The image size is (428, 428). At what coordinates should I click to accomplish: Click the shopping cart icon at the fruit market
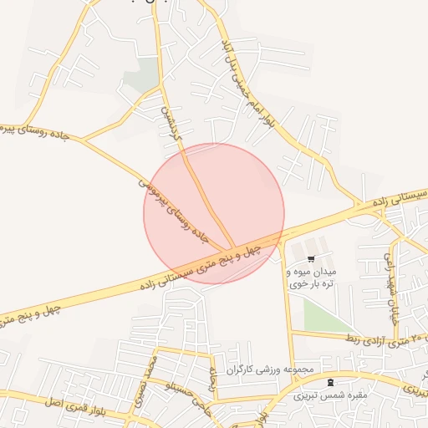[x=311, y=259]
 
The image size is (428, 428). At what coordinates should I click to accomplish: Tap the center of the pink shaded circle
[x=214, y=213]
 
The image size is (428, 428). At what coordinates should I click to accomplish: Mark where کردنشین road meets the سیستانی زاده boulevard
[x=232, y=250]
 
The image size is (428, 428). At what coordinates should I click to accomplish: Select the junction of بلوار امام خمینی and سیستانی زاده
[x=359, y=204]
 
